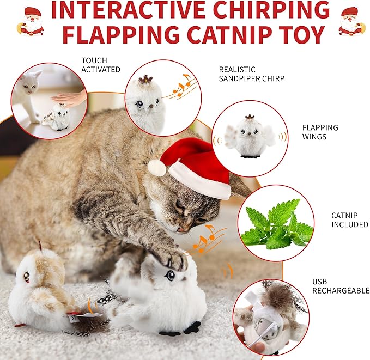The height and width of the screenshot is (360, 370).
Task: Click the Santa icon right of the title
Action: click(350, 21)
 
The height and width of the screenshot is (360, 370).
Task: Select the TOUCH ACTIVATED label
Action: click(100, 65)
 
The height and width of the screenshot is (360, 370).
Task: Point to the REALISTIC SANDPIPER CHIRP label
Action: click(251, 74)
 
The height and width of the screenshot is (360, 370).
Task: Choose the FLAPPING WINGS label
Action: click(320, 132)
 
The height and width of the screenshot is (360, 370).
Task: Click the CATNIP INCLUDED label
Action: click(349, 219)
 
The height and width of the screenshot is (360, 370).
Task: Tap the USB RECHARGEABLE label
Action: click(341, 286)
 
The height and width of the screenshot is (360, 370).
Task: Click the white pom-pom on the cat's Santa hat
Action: click(157, 167)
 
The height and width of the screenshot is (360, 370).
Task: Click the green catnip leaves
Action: click(277, 225)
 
